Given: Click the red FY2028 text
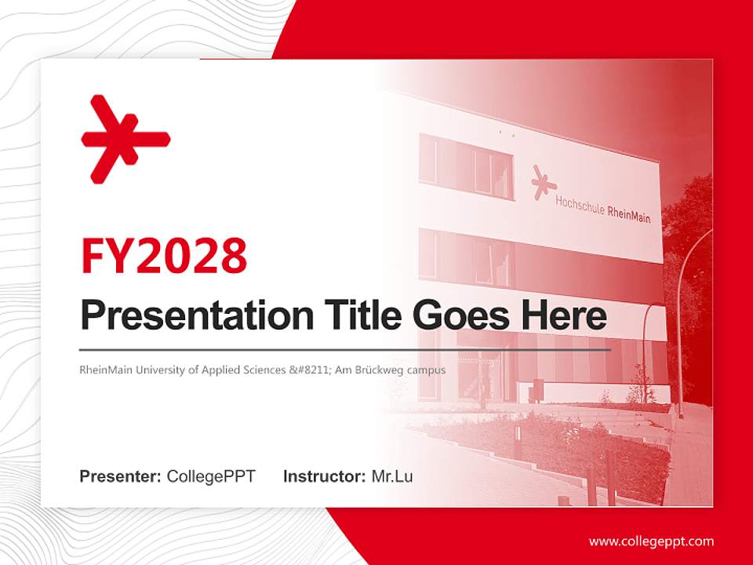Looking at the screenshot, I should [164, 256].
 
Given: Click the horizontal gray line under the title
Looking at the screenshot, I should [345, 349].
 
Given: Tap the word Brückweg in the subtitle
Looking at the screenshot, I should [382, 370].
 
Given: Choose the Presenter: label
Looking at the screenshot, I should [121, 476].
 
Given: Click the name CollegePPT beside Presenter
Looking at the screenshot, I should [211, 476].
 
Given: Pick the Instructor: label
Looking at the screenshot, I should [324, 476].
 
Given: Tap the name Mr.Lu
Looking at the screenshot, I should [392, 476].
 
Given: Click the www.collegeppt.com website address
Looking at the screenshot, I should [651, 541].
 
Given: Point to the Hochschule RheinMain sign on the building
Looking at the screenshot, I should [602, 210].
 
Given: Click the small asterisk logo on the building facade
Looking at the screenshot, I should [542, 182].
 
